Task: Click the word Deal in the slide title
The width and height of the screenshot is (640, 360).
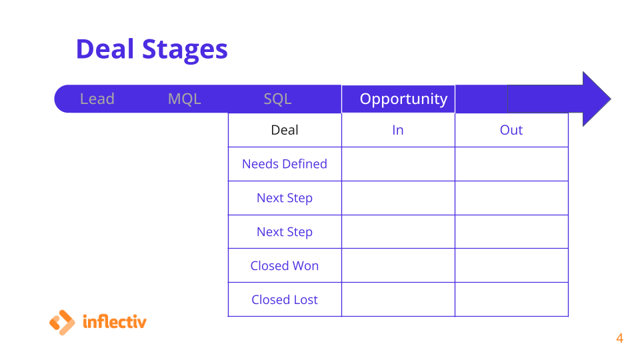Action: coord(105,49)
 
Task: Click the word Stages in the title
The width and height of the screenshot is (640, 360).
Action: coord(185,51)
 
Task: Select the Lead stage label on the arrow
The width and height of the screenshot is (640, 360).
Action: coord(97,99)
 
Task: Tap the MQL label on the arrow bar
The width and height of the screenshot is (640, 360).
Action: coord(185,99)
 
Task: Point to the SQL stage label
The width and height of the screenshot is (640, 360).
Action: coord(277,99)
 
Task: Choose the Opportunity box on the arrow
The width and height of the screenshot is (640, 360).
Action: coord(399,99)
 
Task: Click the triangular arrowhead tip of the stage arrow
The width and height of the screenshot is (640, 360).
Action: coord(611,99)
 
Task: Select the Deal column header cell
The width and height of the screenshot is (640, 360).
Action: coord(285,130)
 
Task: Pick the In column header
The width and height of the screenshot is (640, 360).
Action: coord(399,130)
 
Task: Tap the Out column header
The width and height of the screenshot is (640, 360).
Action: coord(512,130)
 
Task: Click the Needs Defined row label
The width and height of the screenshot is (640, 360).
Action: coord(285,164)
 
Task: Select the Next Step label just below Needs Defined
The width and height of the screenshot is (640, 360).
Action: coord(285,199)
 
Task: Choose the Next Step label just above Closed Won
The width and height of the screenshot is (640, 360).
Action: coord(285,232)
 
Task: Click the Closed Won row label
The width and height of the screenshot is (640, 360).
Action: coord(285,266)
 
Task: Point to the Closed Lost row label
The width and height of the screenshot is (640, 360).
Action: coord(285,299)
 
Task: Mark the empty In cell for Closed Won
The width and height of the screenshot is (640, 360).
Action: coord(399,265)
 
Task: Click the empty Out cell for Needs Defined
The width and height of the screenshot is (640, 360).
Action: coord(512,164)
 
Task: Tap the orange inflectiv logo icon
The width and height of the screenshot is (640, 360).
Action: coord(62,323)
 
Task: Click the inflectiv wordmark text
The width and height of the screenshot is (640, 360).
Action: coord(114,321)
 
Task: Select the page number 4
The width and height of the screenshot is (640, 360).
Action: coord(619,339)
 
